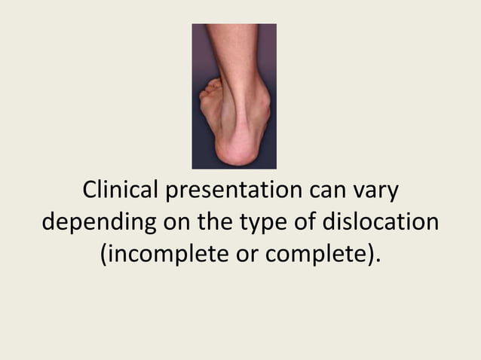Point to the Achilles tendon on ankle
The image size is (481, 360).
pyautogui.click(x=240, y=105)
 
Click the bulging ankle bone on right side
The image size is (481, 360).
pyautogui.click(x=259, y=98)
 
